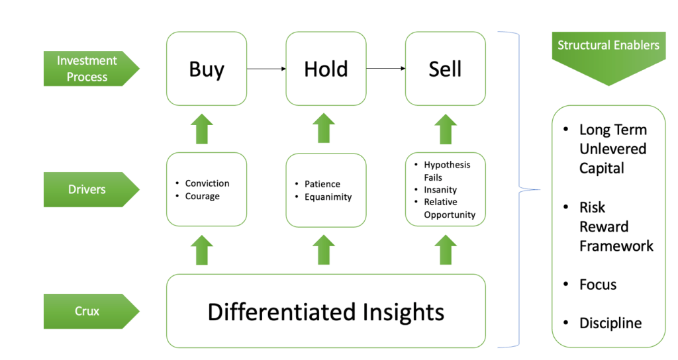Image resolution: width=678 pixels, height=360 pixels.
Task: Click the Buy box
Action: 207,69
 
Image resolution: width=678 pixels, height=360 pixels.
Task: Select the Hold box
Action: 326,69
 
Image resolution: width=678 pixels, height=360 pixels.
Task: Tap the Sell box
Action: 445,69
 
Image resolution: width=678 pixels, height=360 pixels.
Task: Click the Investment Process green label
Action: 89,69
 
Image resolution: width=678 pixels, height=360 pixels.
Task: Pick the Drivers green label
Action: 89,189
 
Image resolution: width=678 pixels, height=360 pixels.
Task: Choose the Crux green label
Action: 89,311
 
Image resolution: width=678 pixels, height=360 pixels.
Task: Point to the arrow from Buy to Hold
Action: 266,68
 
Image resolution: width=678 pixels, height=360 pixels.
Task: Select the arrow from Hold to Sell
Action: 385,68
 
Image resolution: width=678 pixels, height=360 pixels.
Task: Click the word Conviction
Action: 207,183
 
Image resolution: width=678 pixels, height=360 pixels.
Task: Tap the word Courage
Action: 202,196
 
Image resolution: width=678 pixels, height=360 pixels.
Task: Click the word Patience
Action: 322,184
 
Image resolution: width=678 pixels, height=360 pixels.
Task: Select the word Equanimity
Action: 328,197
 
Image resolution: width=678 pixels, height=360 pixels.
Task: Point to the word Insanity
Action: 440,189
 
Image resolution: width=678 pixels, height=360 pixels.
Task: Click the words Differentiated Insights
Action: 326,312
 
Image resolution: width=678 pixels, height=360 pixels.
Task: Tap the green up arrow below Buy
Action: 204,128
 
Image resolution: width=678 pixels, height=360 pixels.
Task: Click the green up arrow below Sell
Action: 446,128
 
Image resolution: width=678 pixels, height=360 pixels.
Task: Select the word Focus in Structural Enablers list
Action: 598,285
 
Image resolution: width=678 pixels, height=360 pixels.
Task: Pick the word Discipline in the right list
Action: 610,323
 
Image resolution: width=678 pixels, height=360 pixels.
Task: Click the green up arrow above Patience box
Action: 324,128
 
